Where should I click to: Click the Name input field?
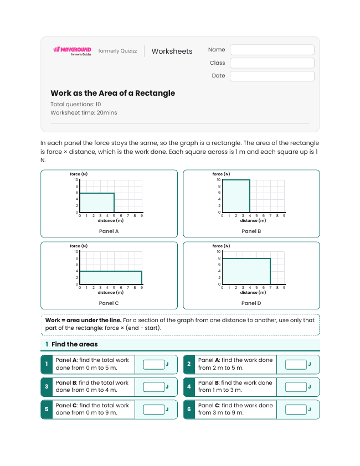[272, 50]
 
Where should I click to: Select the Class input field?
[272, 63]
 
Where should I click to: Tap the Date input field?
[272, 76]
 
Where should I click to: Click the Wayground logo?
[72, 51]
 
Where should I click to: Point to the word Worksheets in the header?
[172, 51]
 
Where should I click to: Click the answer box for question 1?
[154, 364]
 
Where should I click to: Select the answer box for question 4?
[296, 387]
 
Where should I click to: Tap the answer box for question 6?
[296, 410]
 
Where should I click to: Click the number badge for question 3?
[47, 387]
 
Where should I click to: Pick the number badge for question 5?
[47, 410]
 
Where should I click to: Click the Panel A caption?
[109, 231]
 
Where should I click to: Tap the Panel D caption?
[251, 303]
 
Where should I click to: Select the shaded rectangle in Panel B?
[236, 196]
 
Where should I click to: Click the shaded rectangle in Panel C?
[111, 278]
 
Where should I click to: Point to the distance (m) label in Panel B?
[253, 220]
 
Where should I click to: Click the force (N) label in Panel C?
[79, 246]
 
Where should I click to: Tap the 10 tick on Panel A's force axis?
[76, 179]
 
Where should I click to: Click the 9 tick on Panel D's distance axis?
[284, 288]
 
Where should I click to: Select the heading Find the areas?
[75, 344]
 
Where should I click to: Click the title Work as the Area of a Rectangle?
[113, 93]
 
